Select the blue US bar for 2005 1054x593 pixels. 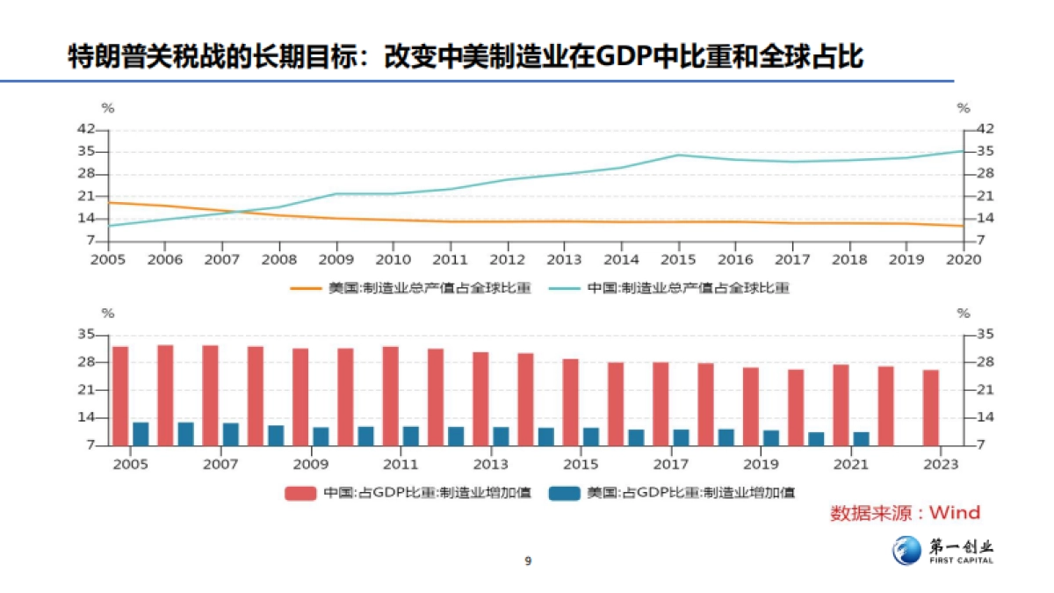tap(141, 433)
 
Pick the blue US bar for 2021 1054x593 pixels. tap(861, 438)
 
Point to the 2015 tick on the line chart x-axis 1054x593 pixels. tap(678, 259)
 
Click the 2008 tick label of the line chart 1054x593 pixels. tap(278, 259)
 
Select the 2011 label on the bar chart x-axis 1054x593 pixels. tap(401, 464)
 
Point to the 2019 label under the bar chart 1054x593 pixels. tap(760, 464)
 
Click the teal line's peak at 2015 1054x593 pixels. tap(678, 155)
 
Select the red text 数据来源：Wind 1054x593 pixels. tap(905, 513)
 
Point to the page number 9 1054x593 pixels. tap(528, 561)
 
